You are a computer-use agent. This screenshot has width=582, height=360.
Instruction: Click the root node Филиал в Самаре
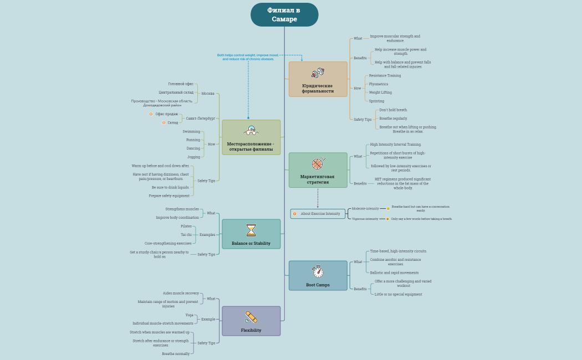point(284,15)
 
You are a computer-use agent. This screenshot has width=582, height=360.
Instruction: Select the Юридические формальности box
point(318,79)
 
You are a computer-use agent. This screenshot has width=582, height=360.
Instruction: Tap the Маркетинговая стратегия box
point(318,170)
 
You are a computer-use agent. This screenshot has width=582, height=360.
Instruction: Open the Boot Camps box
point(318,275)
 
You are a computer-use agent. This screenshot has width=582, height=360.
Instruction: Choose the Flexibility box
point(251,321)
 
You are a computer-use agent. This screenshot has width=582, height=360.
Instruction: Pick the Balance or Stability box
point(251,234)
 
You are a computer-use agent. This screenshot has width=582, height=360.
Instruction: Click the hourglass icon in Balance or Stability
point(251,230)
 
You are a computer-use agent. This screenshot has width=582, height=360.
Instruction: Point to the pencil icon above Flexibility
point(251,317)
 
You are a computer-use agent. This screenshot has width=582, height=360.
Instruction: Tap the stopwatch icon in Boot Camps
point(318,271)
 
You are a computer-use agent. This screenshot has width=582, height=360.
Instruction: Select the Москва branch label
point(208,94)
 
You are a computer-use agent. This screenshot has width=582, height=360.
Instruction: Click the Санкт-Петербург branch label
point(200,118)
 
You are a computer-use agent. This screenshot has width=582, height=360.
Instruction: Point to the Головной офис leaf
point(181,84)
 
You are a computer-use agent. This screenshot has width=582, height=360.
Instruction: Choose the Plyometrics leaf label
point(379,84)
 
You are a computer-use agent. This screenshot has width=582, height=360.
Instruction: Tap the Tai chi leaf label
point(186,235)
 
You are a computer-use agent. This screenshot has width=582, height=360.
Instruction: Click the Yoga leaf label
point(189,315)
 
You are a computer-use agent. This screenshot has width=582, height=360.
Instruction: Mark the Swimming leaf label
point(191,132)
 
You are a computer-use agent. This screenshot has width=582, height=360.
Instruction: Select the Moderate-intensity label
point(365,209)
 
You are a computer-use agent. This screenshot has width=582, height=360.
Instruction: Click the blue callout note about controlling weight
point(248,57)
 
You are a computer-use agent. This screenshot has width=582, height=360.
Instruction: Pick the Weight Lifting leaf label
point(380,92)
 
